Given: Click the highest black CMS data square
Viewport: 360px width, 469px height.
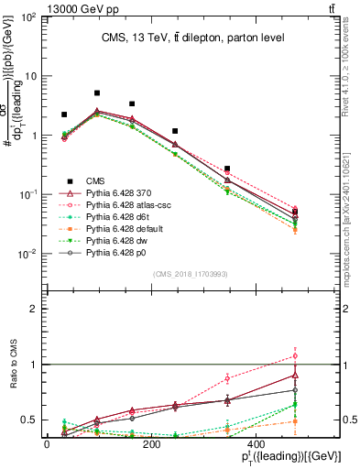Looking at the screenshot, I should (97, 93).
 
